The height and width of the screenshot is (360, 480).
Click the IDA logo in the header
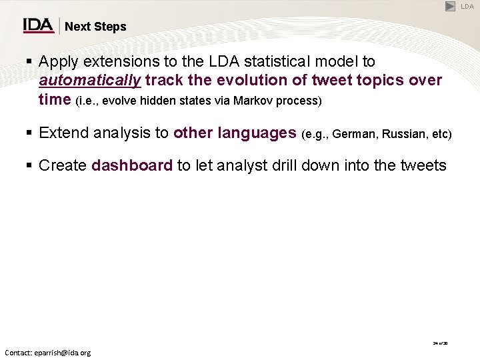pos(39,25)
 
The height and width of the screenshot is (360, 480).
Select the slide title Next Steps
pos(95,27)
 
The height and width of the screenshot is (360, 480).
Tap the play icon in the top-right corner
pos(451,6)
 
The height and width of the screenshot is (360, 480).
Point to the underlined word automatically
pos(90,81)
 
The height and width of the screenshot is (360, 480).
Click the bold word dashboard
pos(132,166)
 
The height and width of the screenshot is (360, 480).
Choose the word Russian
pos(403,134)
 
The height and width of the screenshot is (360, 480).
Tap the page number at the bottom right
pos(440,343)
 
